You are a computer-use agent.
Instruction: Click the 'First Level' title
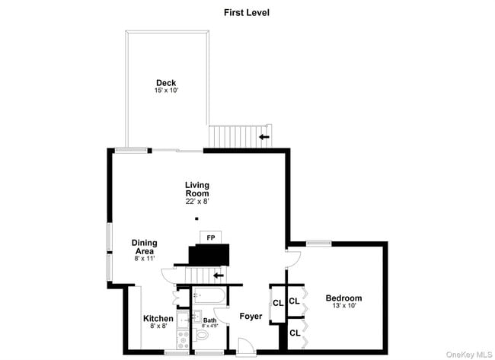point(247,12)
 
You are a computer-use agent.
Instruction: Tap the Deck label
point(166,83)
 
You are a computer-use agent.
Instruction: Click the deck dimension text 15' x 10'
point(166,91)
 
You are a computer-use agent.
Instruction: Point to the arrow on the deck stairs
point(264,137)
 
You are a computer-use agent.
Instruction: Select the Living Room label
point(196,189)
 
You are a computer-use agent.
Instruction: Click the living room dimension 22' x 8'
point(196,202)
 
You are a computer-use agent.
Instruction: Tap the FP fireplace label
point(210,237)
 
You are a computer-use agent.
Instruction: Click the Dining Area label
point(144,247)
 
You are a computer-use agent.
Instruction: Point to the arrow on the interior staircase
point(219,275)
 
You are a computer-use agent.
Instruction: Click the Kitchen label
point(158,318)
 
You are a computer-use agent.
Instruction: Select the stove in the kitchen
point(183,336)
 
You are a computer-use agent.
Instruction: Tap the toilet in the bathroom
point(203,335)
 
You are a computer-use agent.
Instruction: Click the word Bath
point(209,320)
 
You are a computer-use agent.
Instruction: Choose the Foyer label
point(251,316)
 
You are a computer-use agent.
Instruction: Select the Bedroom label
point(343,298)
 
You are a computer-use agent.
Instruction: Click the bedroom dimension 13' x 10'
point(343,306)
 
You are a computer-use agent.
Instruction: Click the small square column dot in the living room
point(196,218)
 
